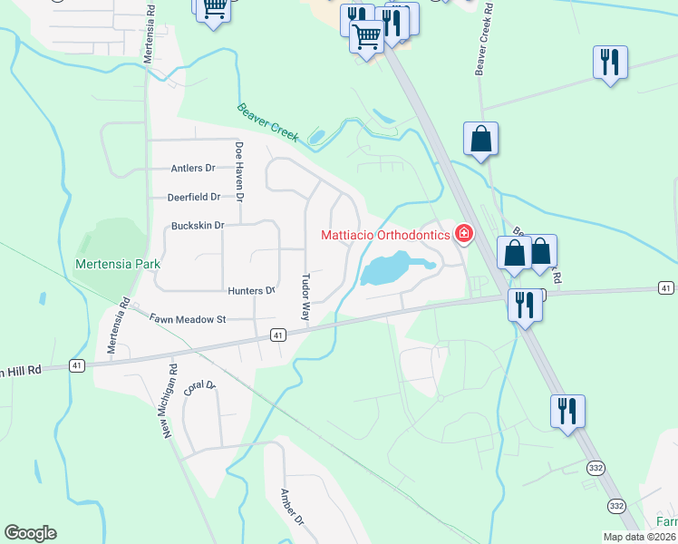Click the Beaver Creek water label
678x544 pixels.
click(268, 121)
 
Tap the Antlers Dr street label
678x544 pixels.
click(193, 168)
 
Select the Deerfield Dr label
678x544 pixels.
click(194, 197)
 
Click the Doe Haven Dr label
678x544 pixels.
click(240, 171)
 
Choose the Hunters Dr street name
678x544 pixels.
click(251, 290)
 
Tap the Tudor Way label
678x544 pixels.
click(305, 297)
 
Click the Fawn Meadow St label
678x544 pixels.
click(188, 319)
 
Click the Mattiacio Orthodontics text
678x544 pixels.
click(385, 235)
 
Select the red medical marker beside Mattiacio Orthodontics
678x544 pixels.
click(463, 235)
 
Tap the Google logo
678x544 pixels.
click(30, 533)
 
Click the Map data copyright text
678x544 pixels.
click(640, 537)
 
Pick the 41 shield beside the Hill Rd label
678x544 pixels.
click(76, 365)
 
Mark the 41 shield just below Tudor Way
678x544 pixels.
click(278, 335)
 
